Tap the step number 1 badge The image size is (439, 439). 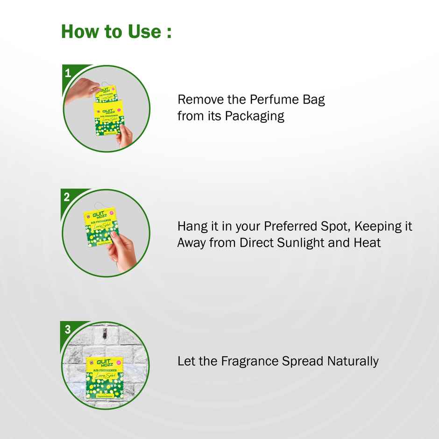[68, 73]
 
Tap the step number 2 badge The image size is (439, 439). [67, 197]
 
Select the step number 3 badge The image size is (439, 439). [68, 329]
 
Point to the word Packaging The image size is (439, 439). [255, 116]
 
